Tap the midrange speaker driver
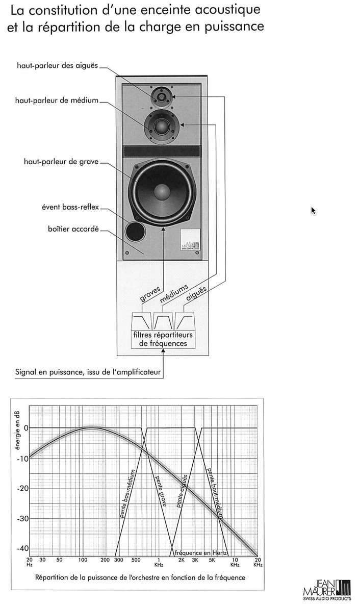[162, 127]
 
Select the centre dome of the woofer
[162, 192]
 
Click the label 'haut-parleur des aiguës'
[57, 65]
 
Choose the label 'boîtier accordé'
[73, 229]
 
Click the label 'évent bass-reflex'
[70, 207]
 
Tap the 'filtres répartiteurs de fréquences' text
[163, 339]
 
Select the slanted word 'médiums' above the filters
[174, 293]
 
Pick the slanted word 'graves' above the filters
[150, 294]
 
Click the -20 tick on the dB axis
[22, 488]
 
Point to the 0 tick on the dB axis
[27, 428]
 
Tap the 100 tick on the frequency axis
[83, 560]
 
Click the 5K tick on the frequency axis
[212, 560]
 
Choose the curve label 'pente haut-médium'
[215, 492]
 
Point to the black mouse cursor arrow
[313, 211]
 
